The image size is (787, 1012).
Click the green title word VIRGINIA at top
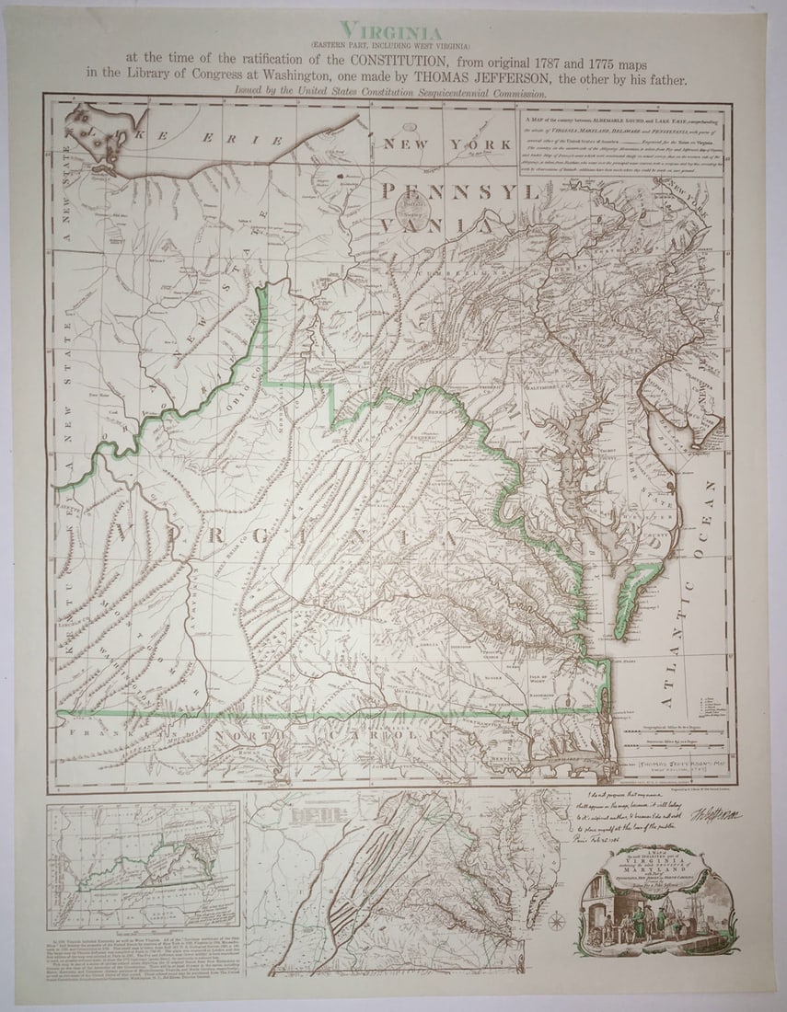tap(391, 30)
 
